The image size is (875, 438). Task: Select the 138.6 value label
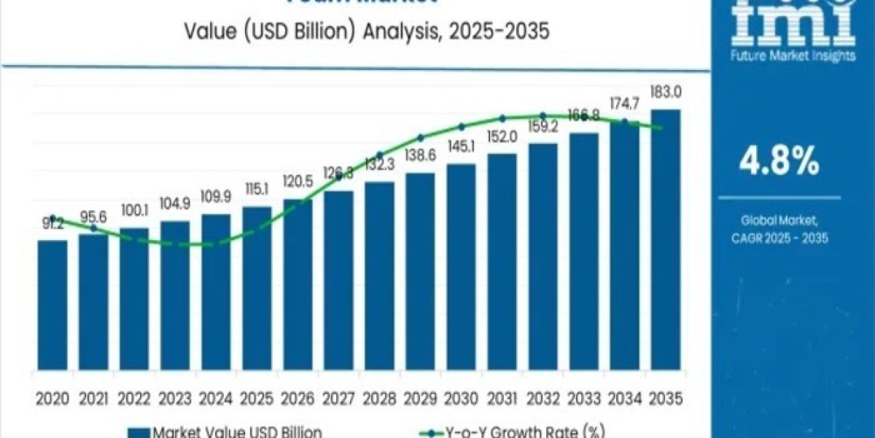421,157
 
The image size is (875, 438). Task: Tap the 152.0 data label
502,138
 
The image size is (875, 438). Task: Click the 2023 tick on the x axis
175,398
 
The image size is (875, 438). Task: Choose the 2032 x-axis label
543,398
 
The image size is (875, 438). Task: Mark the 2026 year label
297,398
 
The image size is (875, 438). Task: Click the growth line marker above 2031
502,118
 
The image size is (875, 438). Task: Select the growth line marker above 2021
93,228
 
